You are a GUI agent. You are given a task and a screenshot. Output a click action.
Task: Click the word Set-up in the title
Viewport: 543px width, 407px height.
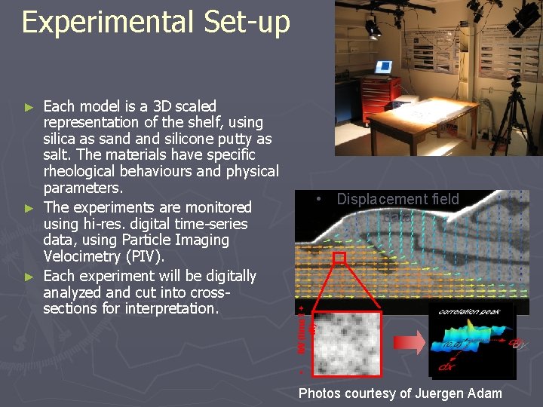(247, 23)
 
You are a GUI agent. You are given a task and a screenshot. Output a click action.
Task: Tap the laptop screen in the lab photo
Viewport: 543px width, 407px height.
(383, 67)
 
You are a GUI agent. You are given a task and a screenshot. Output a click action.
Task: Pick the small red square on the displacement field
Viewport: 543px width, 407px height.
(339, 259)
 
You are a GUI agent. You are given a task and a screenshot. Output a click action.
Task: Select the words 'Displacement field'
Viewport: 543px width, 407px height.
(397, 199)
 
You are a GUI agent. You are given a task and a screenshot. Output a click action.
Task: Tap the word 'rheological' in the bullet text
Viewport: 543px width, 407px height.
(81, 172)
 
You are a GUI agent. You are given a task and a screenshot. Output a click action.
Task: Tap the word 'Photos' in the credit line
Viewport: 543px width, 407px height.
(319, 393)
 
